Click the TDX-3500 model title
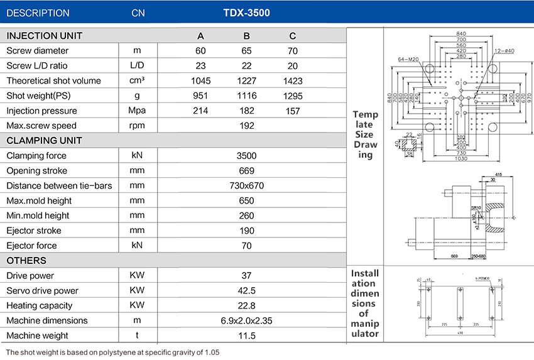pyautogui.click(x=246, y=13)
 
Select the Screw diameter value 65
pyautogui.click(x=247, y=51)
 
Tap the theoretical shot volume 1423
pyautogui.click(x=293, y=81)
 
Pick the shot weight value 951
pyautogui.click(x=200, y=96)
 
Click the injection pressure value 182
pyautogui.click(x=247, y=111)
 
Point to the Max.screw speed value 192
pyautogui.click(x=247, y=126)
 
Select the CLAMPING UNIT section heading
pyautogui.click(x=44, y=141)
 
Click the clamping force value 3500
pyautogui.click(x=247, y=156)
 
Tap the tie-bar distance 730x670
pyautogui.click(x=247, y=186)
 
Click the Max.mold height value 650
pyautogui.click(x=247, y=201)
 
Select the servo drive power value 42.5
pyautogui.click(x=247, y=291)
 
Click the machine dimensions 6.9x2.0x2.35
pyautogui.click(x=247, y=320)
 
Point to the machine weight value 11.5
pyautogui.click(x=247, y=335)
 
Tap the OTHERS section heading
pyautogui.click(x=26, y=261)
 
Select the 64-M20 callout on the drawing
pyautogui.click(x=408, y=59)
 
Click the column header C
pyautogui.click(x=293, y=36)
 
